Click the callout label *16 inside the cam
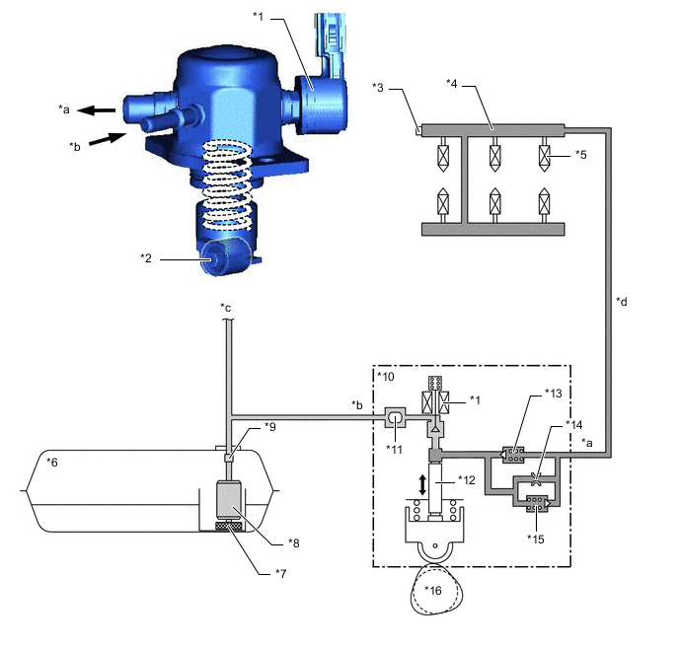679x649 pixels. [432, 590]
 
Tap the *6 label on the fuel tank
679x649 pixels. [52, 463]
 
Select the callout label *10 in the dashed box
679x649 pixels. [386, 377]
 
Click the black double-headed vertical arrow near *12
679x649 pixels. [422, 484]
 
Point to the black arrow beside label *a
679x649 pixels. [96, 110]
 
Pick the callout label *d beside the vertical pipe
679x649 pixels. [622, 302]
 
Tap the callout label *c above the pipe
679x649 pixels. [226, 308]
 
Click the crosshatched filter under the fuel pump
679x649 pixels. [229, 526]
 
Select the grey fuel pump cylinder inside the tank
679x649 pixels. [228, 499]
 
